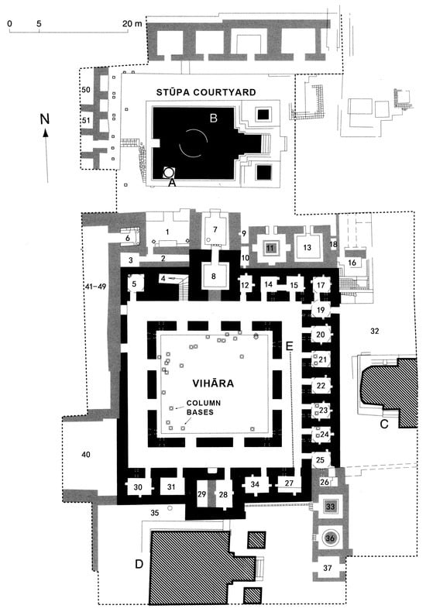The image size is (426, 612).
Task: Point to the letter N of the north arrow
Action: (x=46, y=119)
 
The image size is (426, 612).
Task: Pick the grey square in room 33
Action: (x=331, y=507)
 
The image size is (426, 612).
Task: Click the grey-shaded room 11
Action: (x=270, y=248)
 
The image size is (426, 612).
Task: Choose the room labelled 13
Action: (x=307, y=248)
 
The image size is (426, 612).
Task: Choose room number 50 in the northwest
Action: (x=85, y=91)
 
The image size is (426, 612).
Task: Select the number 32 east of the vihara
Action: (x=375, y=332)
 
